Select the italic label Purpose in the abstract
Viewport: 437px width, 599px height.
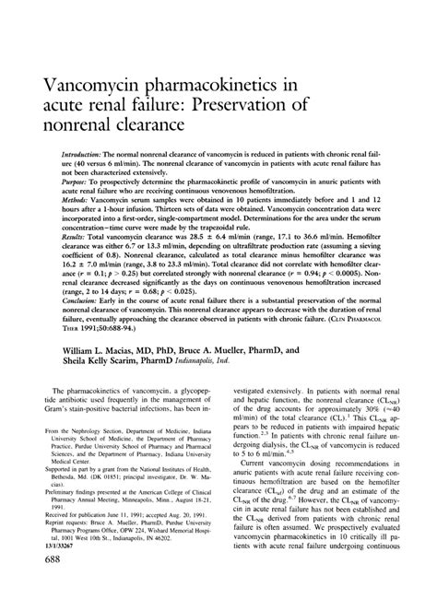77,184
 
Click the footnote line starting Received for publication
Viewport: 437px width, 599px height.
119,515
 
